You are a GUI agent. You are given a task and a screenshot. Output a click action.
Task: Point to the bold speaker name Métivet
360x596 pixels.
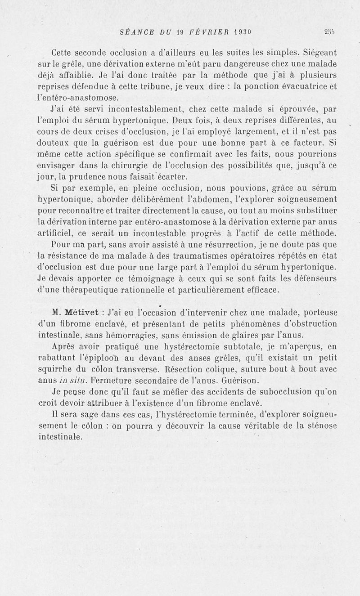pos(78,312)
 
